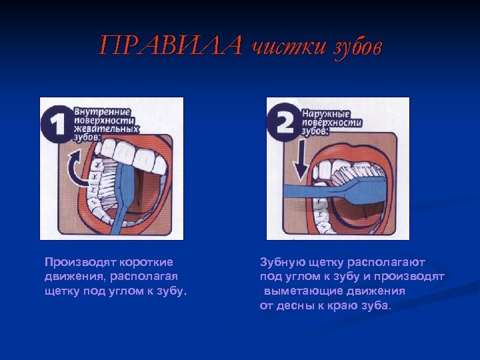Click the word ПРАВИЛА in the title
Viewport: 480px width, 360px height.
click(x=171, y=45)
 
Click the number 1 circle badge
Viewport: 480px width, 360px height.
click(x=57, y=124)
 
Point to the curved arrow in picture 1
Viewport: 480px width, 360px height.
click(x=75, y=168)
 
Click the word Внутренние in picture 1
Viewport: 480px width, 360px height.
click(x=102, y=112)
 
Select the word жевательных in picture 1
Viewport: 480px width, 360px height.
click(x=106, y=129)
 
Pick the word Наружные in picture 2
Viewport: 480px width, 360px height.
click(x=326, y=114)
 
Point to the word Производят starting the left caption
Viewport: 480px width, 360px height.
click(x=80, y=263)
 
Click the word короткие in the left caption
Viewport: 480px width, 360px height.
click(x=146, y=263)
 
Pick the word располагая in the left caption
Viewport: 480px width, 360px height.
click(x=144, y=277)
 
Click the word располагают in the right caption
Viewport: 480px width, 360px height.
click(x=386, y=263)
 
